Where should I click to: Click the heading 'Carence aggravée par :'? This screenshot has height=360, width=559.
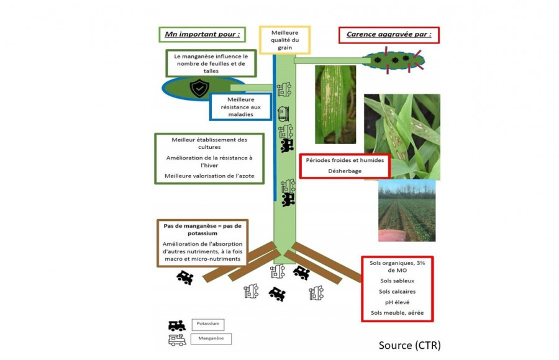388,35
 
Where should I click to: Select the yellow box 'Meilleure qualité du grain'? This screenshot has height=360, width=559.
285,39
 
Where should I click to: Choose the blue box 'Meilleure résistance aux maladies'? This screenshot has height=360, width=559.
240,107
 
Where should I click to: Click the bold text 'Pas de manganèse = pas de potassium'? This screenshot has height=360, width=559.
202,230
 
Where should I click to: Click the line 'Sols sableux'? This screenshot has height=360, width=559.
397,281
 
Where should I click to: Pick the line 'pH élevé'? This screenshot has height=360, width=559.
397,302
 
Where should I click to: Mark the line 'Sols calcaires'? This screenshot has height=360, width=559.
397,292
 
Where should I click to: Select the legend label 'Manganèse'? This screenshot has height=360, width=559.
211,339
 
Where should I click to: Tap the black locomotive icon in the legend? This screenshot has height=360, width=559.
176,325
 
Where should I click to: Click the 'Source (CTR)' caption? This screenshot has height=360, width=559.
409,345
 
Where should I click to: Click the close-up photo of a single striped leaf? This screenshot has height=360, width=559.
335,104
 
